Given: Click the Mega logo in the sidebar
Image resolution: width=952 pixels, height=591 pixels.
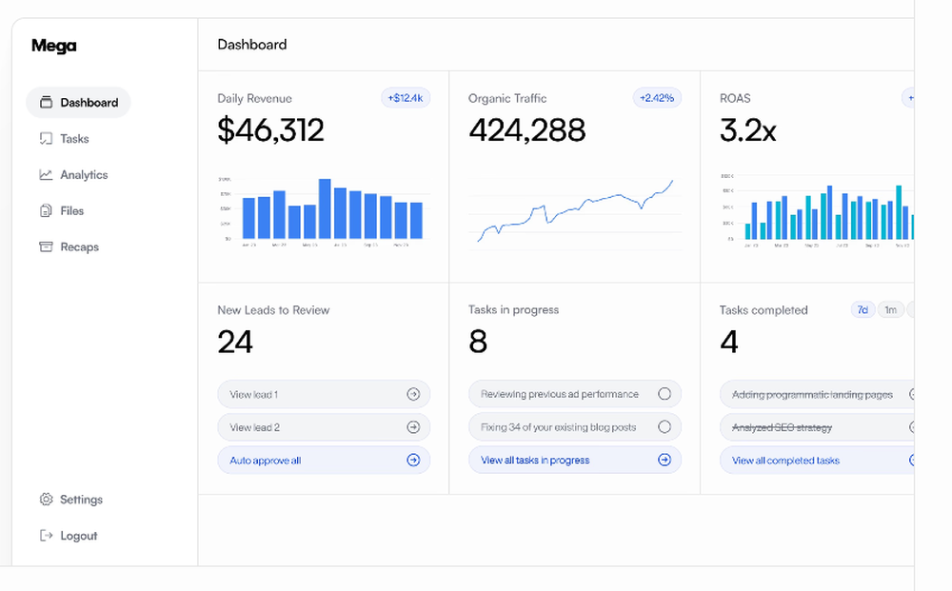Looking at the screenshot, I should point(53,46).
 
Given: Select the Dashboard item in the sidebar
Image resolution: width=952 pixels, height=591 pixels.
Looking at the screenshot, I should point(79,103).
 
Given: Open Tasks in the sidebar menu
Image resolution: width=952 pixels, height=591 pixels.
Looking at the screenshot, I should point(73,139).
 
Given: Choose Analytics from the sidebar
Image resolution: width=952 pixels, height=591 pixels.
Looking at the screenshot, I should point(83,175).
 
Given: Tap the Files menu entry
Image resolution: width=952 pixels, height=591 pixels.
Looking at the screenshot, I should point(71,211).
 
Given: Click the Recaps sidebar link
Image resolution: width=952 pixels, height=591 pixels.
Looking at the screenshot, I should point(79,247).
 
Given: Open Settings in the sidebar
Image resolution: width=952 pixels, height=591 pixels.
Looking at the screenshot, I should point(80,500).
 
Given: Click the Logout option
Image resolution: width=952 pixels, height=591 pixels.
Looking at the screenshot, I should point(78,536).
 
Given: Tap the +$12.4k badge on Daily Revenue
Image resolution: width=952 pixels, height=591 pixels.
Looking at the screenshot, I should point(406,98).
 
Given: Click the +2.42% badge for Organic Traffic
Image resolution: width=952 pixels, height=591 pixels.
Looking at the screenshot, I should point(657,98).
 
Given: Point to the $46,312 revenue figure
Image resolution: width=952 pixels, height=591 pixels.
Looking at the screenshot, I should point(270,130).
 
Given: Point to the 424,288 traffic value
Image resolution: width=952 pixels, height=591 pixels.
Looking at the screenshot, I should point(526,130).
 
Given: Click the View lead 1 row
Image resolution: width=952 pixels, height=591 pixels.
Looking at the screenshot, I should point(324,394).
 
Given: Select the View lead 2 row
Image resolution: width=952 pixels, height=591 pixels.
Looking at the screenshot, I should point(324,427).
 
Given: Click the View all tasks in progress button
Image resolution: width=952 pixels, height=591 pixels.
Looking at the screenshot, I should point(575,461).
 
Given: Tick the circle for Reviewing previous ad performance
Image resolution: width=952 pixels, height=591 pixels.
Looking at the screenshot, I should point(664,394).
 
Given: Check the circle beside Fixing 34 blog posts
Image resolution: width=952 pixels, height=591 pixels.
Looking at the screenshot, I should point(664,427).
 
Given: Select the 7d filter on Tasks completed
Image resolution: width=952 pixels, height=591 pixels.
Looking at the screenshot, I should point(863,310).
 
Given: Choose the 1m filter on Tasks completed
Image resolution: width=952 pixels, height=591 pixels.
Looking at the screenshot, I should point(890,310).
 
